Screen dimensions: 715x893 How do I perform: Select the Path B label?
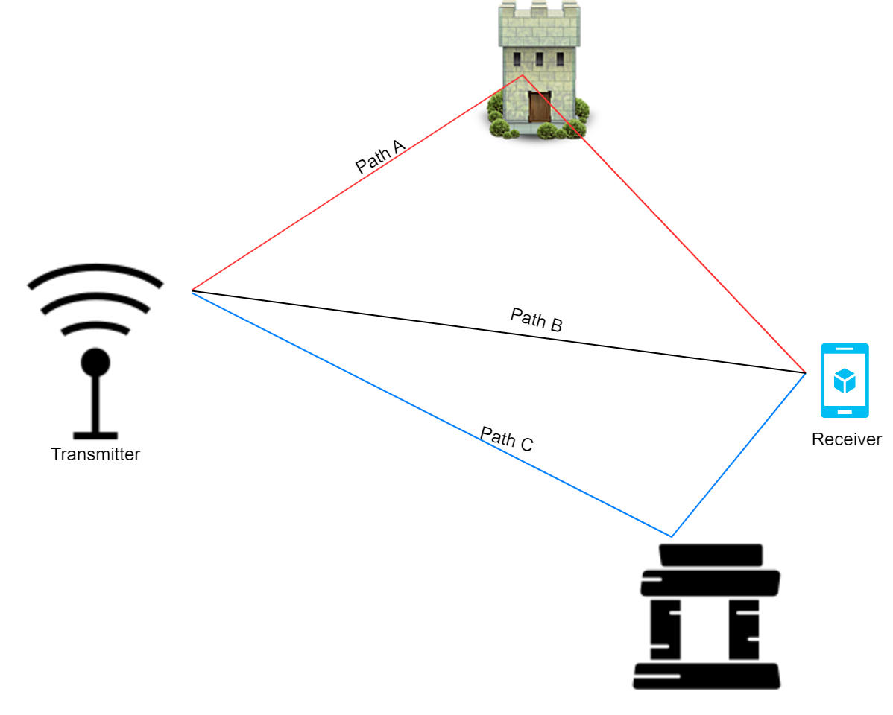536,320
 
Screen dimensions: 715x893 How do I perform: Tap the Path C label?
506,439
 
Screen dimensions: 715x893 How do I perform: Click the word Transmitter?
95,454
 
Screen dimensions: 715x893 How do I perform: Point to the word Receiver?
846,439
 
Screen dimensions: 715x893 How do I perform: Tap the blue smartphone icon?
845,381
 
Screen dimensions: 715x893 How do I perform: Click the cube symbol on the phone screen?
845,381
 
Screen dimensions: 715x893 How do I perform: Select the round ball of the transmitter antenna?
95,363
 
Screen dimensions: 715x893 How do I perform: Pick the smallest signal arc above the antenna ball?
95,327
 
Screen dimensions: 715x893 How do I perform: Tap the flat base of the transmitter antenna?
95,435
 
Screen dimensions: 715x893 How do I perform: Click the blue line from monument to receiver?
738,454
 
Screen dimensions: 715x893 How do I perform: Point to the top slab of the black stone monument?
710,555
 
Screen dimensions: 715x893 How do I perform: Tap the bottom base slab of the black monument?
706,676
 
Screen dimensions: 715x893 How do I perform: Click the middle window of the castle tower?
539,59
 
